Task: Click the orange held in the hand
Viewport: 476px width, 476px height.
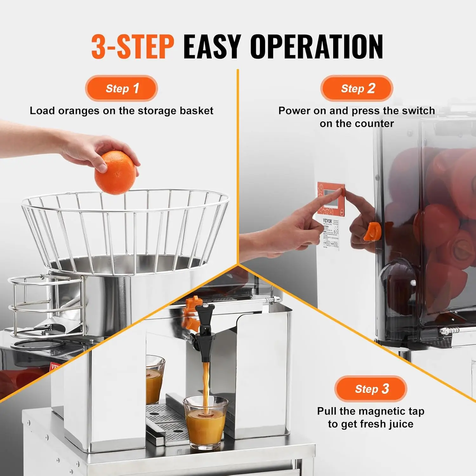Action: pos(115,173)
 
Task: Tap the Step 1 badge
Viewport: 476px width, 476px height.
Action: pos(122,88)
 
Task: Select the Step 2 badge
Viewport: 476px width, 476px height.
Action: pos(357,88)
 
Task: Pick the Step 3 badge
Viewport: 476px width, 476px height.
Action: pos(371,389)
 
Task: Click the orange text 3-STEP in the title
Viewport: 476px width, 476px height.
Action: pos(133,47)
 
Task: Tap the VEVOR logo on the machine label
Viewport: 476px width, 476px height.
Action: pos(327,221)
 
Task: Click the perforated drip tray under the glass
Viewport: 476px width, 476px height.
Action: pos(165,419)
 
